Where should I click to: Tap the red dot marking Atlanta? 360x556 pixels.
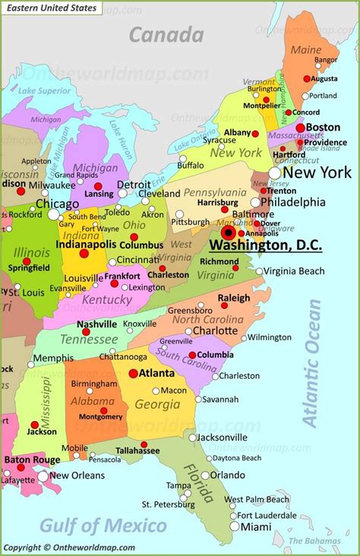[x=134, y=374]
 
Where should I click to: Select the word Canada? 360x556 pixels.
[x=166, y=34]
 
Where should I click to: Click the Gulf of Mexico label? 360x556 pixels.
[x=103, y=526]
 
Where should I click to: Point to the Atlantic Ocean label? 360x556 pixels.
[x=312, y=362]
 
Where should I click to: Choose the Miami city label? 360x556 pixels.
[x=256, y=526]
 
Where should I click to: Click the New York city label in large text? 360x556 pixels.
[x=317, y=172]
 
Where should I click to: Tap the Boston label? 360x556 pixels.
[x=324, y=128]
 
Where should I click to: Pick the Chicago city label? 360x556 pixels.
[x=57, y=204]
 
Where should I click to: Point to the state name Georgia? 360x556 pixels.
[x=157, y=405]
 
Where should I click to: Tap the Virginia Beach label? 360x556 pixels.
[x=294, y=271]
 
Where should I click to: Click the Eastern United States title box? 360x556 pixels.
[x=51, y=8]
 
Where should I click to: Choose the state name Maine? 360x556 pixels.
[x=306, y=50]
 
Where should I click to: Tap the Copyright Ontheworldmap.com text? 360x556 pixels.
[x=69, y=548]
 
